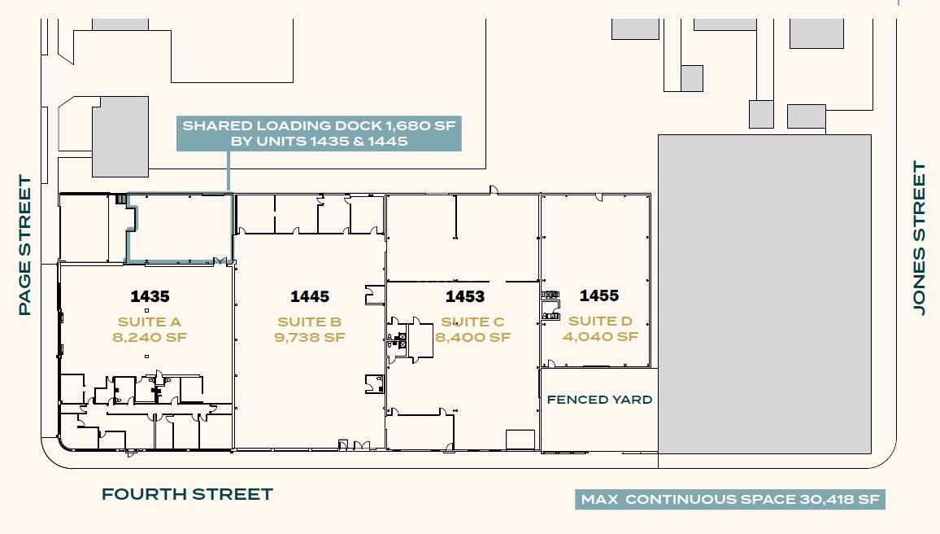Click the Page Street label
point(24,245)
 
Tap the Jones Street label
point(919,237)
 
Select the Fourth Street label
point(187,494)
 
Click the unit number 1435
point(150,296)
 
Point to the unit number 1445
point(310,296)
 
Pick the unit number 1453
point(465,296)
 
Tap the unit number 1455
point(599,295)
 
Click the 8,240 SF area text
point(150,337)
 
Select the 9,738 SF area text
point(310,337)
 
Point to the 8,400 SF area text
point(473,337)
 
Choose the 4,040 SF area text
point(600,337)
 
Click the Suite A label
point(150,322)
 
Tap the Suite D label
point(600,321)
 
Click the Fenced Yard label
point(599,400)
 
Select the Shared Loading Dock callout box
point(319,133)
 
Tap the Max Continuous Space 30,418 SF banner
point(730,499)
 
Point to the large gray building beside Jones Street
point(765,294)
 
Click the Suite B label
point(309,322)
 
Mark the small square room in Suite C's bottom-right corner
point(520,440)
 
